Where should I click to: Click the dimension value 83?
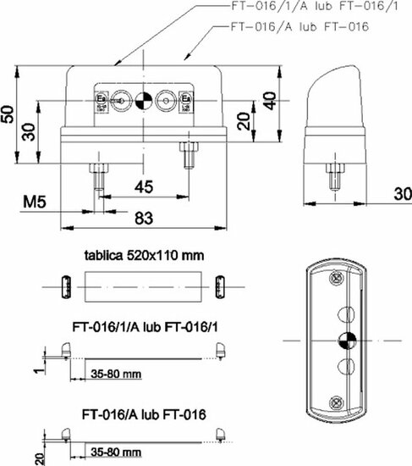[143, 218]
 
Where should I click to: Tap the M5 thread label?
[35, 203]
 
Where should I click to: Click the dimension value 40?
[269, 100]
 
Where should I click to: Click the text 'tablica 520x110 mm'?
[143, 254]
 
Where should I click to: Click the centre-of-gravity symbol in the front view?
[143, 100]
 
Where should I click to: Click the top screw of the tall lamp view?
[337, 275]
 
